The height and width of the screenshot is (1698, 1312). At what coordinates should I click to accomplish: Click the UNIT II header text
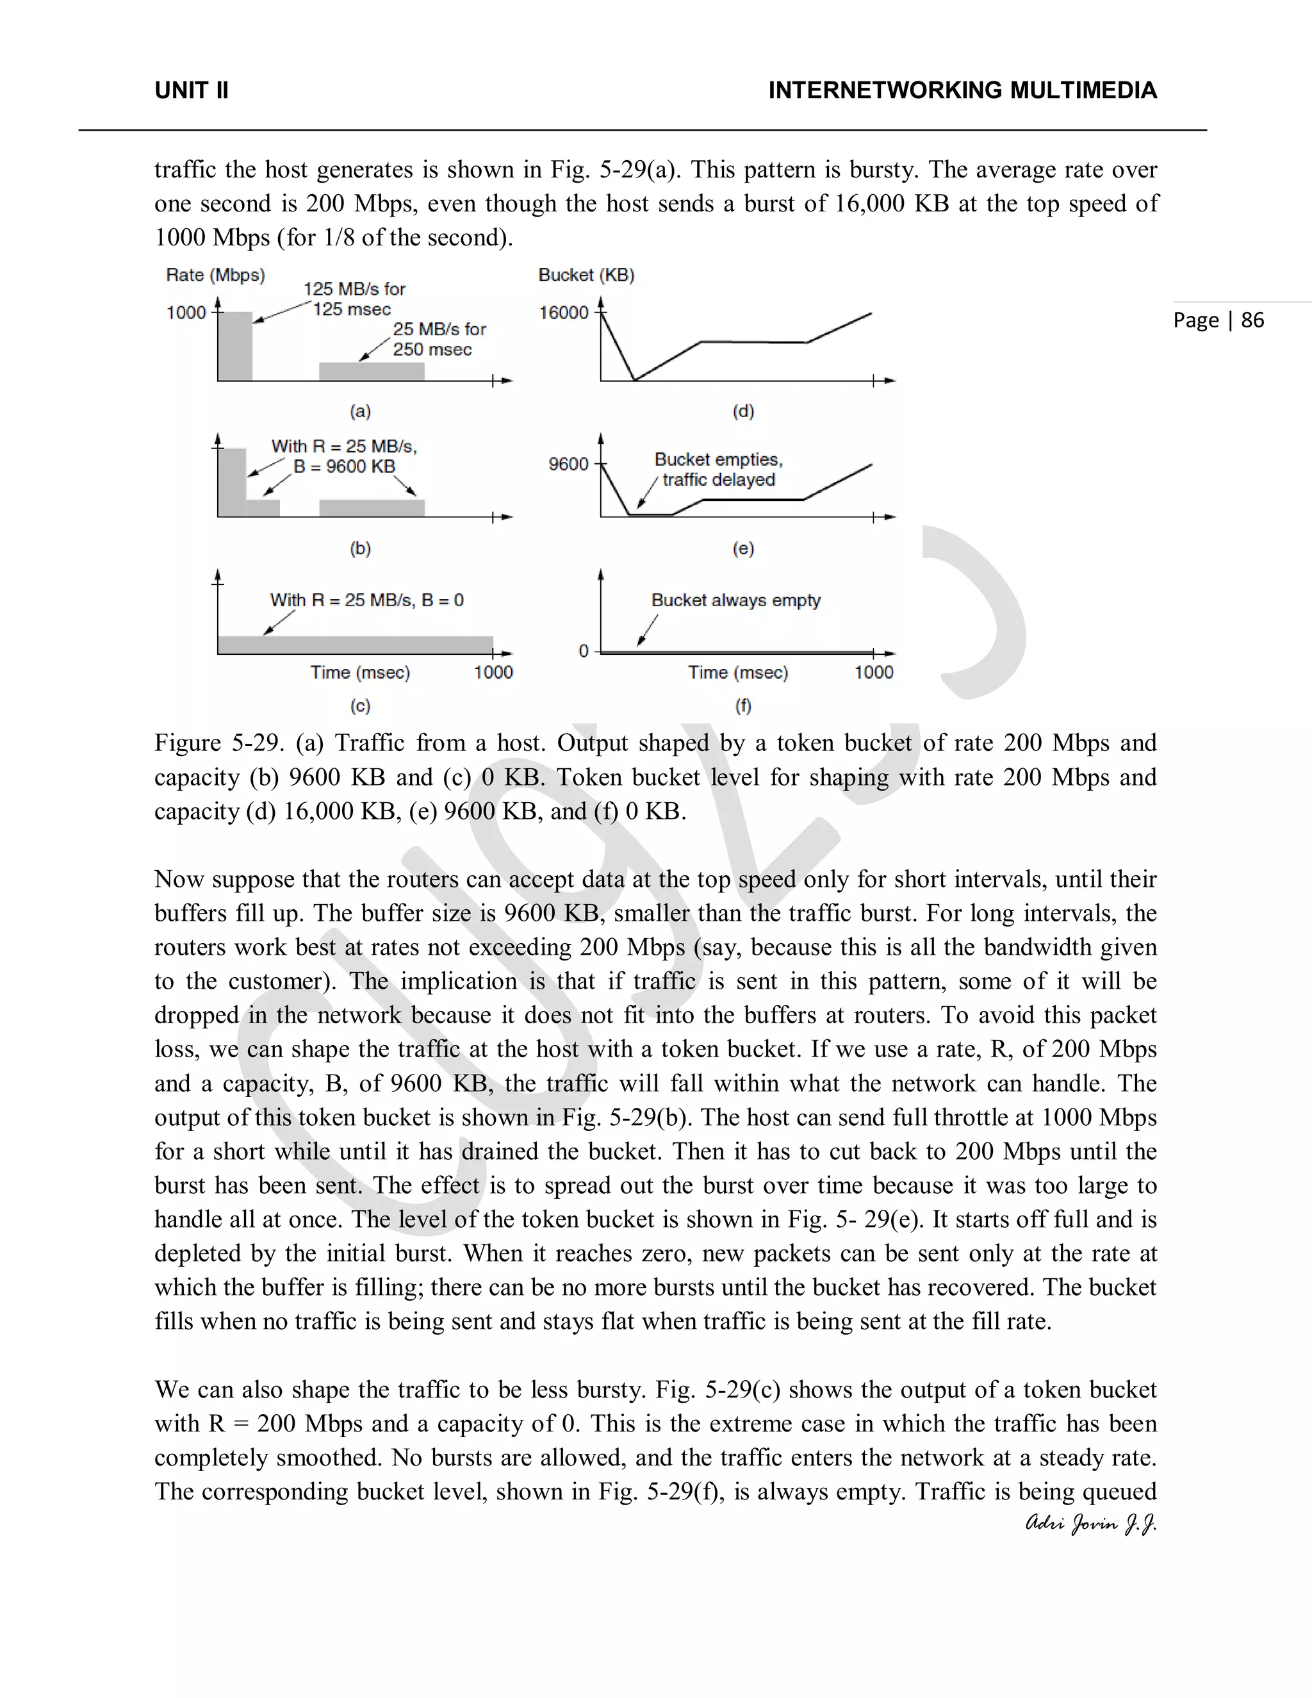191,91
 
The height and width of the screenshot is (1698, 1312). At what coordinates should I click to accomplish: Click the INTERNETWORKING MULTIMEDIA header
962,91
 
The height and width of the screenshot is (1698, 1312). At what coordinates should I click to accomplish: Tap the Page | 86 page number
1218,320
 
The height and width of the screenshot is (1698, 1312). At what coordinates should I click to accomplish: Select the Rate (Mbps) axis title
215,276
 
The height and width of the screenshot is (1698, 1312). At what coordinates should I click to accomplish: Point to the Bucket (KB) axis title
586,276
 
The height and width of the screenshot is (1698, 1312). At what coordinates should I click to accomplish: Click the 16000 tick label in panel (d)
564,313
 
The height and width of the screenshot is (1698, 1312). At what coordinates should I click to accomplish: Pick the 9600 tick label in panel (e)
568,464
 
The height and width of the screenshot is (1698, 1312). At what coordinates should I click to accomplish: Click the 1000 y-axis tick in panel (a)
186,313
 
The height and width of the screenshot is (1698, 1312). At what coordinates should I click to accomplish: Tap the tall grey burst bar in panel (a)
234,347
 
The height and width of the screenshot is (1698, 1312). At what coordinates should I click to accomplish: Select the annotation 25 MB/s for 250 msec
438,339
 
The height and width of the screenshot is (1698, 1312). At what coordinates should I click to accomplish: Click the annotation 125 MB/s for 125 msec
354,299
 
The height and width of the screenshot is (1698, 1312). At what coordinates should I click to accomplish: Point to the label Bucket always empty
735,600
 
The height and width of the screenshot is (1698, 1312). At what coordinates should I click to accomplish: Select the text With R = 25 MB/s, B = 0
366,600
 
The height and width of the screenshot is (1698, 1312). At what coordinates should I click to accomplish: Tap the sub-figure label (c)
360,706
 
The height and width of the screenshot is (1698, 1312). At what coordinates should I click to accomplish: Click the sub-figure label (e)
743,549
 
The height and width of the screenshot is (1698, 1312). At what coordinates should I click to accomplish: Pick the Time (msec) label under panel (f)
737,673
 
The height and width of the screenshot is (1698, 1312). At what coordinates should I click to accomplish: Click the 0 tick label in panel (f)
584,652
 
